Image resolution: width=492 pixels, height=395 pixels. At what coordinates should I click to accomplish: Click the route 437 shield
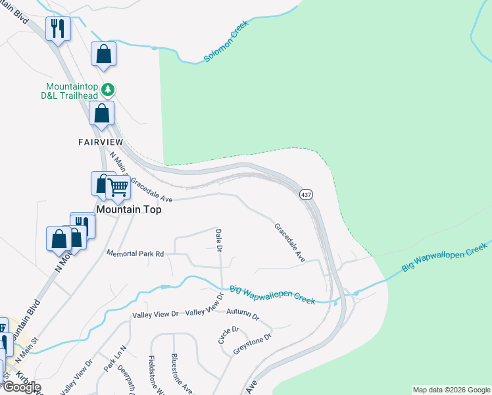[x=306, y=195]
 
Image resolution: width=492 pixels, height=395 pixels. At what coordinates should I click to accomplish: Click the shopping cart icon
[x=118, y=188]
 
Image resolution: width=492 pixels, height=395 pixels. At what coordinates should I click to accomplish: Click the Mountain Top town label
[x=129, y=209]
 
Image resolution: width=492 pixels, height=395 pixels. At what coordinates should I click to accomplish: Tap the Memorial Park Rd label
[x=135, y=253]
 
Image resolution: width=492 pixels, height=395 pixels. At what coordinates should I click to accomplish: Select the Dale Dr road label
[x=219, y=240]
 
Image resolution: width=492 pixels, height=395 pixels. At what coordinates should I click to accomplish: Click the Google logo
[x=21, y=387]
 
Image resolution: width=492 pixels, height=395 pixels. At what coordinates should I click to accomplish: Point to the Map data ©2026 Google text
[x=451, y=390]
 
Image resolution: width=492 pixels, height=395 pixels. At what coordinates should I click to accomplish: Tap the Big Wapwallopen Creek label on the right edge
[x=445, y=257]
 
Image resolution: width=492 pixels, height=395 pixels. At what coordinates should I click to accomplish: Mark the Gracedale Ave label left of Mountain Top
[x=151, y=190]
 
